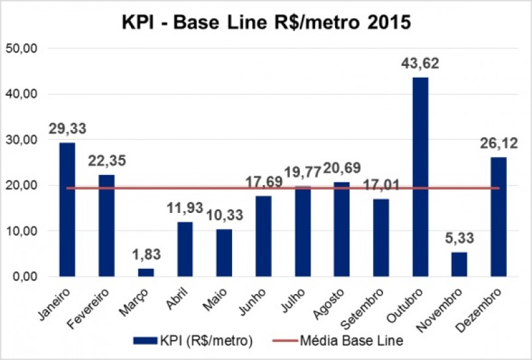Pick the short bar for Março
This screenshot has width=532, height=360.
click(x=146, y=272)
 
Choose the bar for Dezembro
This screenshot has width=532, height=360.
click(x=498, y=216)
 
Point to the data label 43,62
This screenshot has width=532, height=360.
click(x=420, y=65)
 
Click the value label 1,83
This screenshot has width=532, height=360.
click(x=146, y=256)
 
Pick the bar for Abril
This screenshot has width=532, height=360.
click(x=185, y=249)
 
